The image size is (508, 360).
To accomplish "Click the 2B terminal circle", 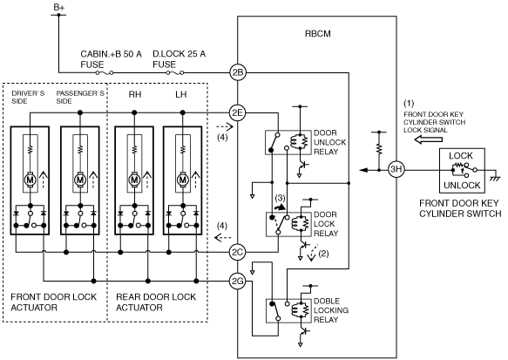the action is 238,72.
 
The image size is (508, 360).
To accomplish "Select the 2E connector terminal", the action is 238,112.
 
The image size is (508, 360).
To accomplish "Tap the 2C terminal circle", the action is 238,252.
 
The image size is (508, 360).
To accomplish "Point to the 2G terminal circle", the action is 238,281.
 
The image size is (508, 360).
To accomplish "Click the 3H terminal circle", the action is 396,169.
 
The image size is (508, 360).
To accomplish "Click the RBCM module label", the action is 318,34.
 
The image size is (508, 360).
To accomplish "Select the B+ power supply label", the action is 59,7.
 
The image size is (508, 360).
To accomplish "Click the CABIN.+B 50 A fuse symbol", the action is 105,73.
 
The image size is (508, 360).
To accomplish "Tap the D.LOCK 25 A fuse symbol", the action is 175,73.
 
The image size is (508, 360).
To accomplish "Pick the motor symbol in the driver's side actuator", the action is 30,179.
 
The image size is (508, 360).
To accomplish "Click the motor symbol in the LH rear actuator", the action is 183,179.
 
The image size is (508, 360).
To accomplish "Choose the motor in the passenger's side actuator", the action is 79,179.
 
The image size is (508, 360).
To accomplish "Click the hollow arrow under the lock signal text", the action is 429,139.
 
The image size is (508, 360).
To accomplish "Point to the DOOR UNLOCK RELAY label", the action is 330,142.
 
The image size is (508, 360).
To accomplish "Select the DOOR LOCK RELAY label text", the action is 326,224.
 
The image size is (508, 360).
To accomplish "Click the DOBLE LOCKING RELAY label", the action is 331,310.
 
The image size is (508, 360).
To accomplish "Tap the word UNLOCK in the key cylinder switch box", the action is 462,186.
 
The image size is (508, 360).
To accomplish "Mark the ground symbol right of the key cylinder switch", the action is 496,177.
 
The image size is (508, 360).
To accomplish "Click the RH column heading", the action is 135,94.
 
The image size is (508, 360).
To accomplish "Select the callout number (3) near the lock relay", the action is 280,198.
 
